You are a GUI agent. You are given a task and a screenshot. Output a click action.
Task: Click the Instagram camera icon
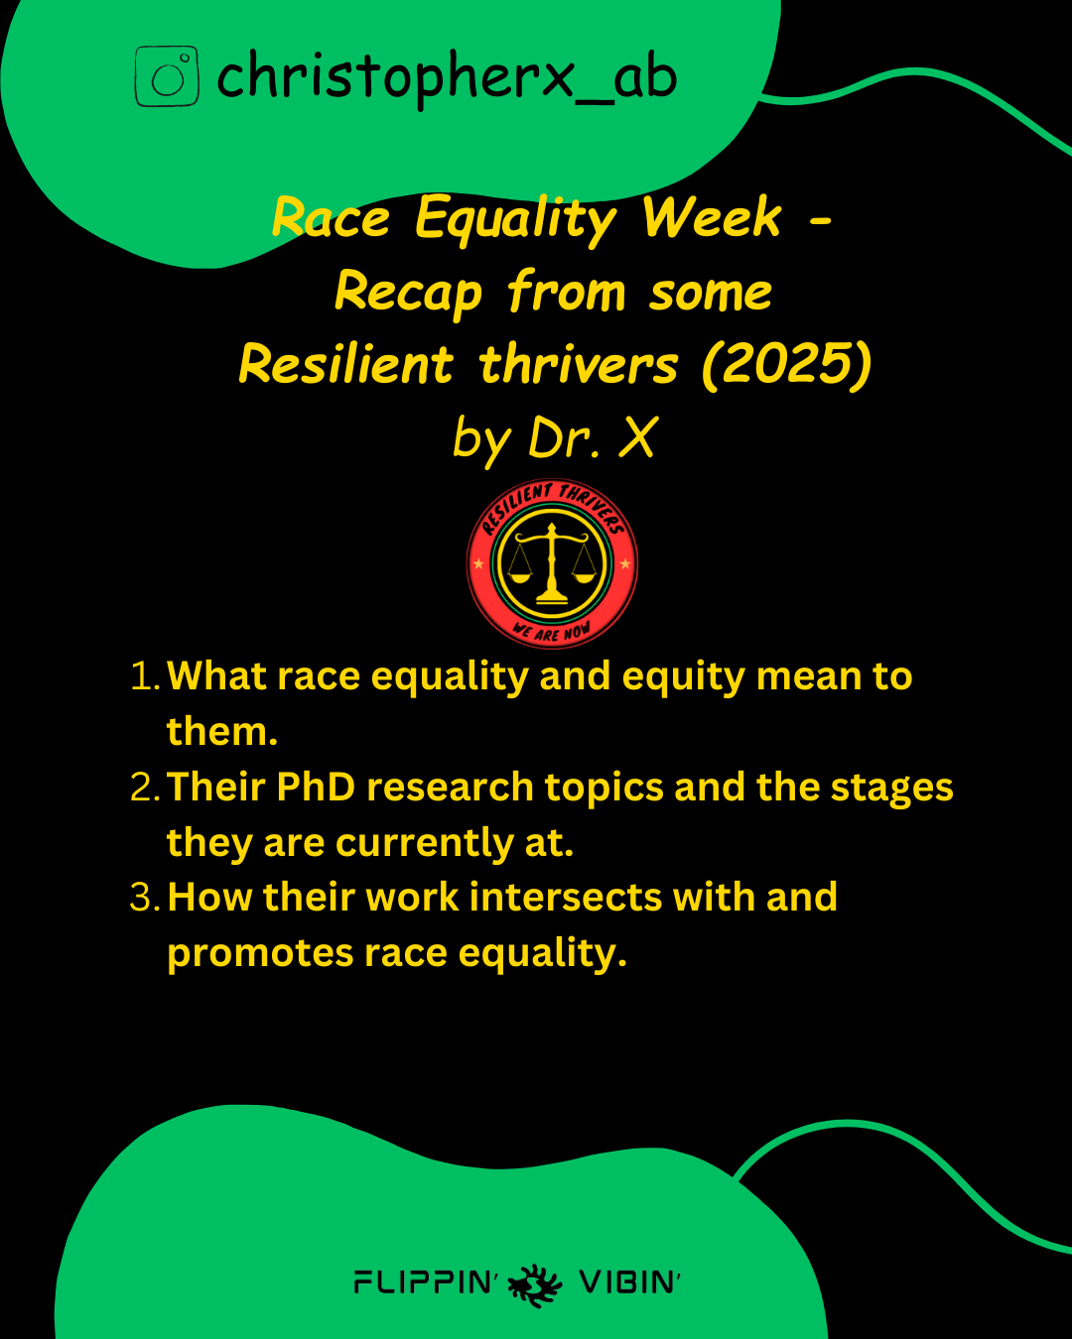pyautogui.click(x=167, y=76)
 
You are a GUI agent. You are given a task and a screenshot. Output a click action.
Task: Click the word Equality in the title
pyautogui.click(x=516, y=219)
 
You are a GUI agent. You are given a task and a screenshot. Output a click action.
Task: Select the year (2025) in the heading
pyautogui.click(x=787, y=365)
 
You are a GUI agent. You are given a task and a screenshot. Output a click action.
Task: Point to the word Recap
pyautogui.click(x=409, y=293)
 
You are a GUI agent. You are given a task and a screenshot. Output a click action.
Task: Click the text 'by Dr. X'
pyautogui.click(x=555, y=439)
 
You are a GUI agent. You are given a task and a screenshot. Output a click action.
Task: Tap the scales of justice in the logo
pyautogui.click(x=551, y=563)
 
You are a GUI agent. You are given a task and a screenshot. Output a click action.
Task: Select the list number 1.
pyautogui.click(x=145, y=677)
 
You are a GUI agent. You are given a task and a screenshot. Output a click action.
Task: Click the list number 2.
pyautogui.click(x=145, y=788)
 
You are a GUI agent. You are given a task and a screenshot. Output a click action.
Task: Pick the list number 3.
pyautogui.click(x=145, y=898)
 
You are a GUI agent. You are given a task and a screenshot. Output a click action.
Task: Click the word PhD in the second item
pyautogui.click(x=316, y=788)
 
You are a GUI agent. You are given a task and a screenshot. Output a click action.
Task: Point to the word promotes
pyautogui.click(x=260, y=954)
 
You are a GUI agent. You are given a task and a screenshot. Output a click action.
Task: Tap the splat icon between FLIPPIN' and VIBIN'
pyautogui.click(x=535, y=1285)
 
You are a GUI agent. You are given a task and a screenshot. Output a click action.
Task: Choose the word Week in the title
pyautogui.click(x=712, y=218)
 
